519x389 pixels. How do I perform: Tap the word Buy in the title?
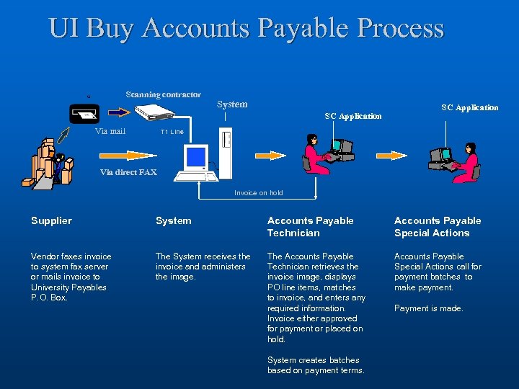(112, 28)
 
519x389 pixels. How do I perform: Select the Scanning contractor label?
(163, 94)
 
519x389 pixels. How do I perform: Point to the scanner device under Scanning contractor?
(156, 112)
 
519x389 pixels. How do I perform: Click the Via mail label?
(110, 131)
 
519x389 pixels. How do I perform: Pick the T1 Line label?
(172, 132)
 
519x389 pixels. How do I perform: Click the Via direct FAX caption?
(128, 172)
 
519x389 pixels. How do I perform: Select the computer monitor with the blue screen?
(195, 158)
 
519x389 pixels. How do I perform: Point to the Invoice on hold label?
(258, 193)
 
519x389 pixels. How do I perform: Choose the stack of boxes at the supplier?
(50, 162)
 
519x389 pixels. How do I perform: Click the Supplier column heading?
(51, 220)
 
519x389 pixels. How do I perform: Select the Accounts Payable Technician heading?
(310, 226)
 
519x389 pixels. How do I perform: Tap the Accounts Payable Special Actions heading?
(437, 226)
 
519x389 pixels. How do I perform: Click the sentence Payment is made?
(428, 308)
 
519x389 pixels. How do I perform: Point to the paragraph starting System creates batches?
(316, 365)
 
